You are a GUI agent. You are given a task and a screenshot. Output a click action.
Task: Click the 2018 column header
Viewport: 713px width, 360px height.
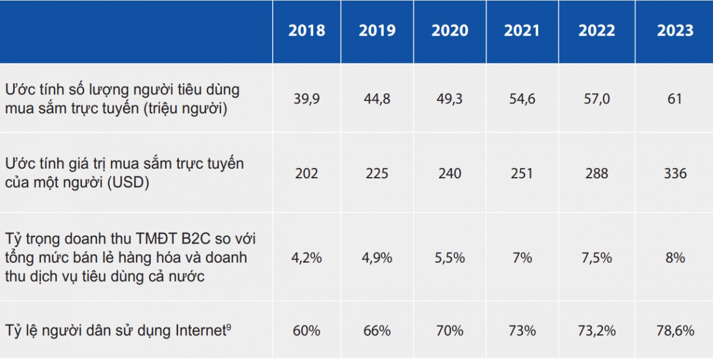pyautogui.click(x=307, y=31)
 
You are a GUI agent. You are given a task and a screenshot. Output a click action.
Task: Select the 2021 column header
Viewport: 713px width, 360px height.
pyautogui.click(x=522, y=31)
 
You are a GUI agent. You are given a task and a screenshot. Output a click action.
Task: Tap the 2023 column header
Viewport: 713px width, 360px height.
pyautogui.click(x=675, y=31)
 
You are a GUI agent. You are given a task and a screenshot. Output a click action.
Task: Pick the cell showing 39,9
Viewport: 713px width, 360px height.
pyautogui.click(x=307, y=99)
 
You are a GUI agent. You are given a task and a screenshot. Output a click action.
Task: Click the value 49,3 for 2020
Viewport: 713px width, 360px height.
pyautogui.click(x=450, y=99)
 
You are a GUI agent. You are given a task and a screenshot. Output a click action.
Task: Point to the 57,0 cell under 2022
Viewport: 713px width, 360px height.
pyautogui.click(x=596, y=99)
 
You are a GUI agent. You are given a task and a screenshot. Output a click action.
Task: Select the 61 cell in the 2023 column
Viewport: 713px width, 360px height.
pyautogui.click(x=675, y=99)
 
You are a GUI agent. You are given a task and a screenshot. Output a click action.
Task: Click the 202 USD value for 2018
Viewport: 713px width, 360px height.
pyautogui.click(x=307, y=173)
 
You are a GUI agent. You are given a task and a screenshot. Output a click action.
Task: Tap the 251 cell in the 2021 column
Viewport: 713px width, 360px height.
pyautogui.click(x=522, y=173)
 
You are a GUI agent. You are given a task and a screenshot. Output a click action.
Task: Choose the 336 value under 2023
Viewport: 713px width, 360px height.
pyautogui.click(x=675, y=173)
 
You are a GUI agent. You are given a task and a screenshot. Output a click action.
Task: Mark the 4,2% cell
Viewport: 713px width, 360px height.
pyautogui.click(x=307, y=258)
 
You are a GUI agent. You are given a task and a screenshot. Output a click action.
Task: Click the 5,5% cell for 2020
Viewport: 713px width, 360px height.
pyautogui.click(x=450, y=258)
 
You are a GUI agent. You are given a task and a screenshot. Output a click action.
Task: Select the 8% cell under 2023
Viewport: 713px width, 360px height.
pyautogui.click(x=675, y=258)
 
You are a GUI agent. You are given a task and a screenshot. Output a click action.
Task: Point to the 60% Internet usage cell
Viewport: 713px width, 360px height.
pyautogui.click(x=307, y=330)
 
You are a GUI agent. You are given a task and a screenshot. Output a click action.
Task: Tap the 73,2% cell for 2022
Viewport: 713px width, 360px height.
pyautogui.click(x=596, y=330)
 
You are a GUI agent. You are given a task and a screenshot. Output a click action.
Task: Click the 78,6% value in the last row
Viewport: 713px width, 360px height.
pyautogui.click(x=675, y=330)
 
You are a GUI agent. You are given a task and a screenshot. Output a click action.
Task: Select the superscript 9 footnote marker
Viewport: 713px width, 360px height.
pyautogui.click(x=229, y=326)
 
